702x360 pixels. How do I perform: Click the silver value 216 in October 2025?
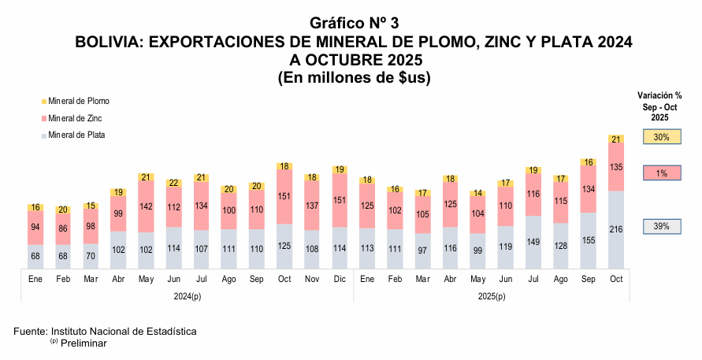(x=616, y=229)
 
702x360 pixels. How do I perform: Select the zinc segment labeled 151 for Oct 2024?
(x=284, y=197)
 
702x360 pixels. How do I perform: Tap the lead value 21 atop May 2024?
(x=145, y=177)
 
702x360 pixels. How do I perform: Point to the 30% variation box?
(x=661, y=137)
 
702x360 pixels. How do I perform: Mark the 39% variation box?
(x=661, y=226)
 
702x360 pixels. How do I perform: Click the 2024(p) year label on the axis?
(x=186, y=295)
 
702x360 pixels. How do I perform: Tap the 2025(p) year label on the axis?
(x=491, y=295)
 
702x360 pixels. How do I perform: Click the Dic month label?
(x=339, y=280)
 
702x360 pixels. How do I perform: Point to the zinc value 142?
(x=145, y=206)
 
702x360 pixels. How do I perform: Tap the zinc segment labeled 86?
(x=63, y=228)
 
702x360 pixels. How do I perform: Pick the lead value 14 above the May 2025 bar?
(x=477, y=193)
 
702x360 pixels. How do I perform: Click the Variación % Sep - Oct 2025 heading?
(x=659, y=106)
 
